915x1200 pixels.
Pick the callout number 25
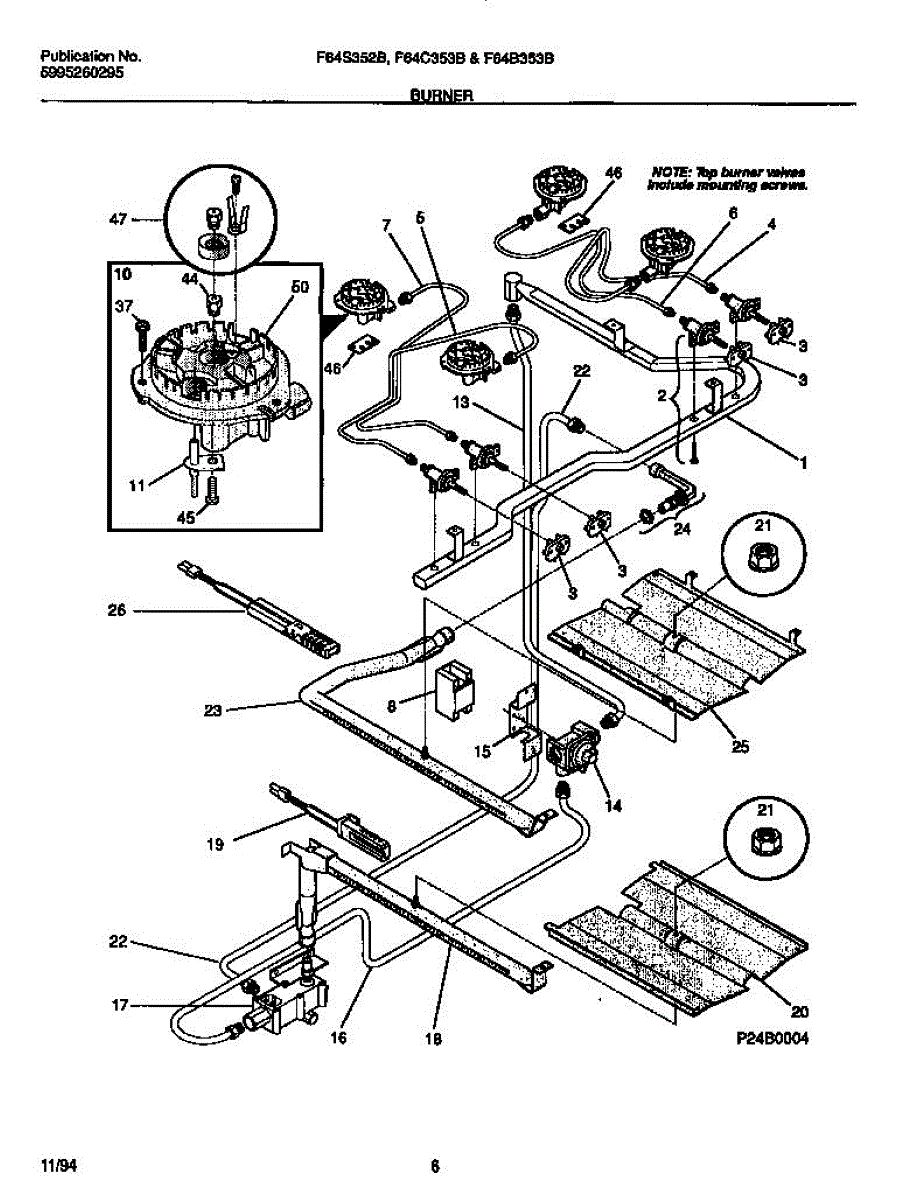(741, 744)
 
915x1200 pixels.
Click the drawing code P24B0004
(770, 1039)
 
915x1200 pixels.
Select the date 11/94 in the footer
(58, 1165)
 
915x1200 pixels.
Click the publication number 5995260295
(83, 73)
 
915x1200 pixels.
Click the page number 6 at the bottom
(435, 1165)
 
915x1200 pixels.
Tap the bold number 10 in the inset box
(123, 272)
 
